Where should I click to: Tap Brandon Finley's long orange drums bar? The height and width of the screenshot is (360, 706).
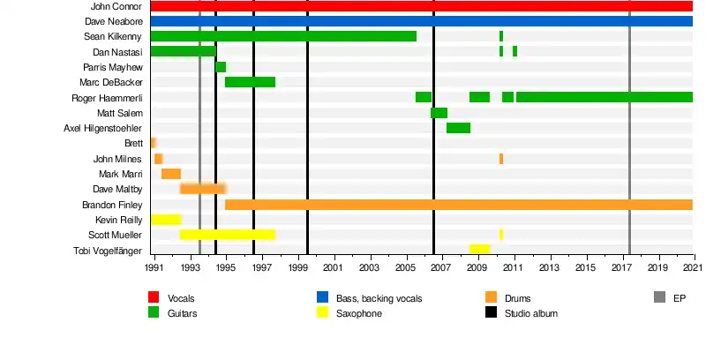(459, 205)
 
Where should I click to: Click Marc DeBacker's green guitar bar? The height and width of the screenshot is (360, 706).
(250, 82)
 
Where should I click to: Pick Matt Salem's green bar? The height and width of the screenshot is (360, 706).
(439, 113)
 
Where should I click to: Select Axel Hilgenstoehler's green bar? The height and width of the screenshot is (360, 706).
(458, 128)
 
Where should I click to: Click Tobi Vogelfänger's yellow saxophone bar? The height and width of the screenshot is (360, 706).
(479, 250)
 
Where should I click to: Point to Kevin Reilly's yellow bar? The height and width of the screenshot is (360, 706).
(166, 220)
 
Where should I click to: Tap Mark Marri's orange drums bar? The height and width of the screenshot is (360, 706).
(171, 174)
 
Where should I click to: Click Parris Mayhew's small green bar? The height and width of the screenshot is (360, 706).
(221, 67)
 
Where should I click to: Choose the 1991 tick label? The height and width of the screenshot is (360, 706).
(154, 266)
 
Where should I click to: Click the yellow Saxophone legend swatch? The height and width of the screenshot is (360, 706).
(324, 312)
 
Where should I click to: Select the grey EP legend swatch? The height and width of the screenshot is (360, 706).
(659, 297)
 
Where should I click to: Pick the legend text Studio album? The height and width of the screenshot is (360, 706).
(530, 313)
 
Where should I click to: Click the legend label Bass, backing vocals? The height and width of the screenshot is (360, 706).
(379, 298)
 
